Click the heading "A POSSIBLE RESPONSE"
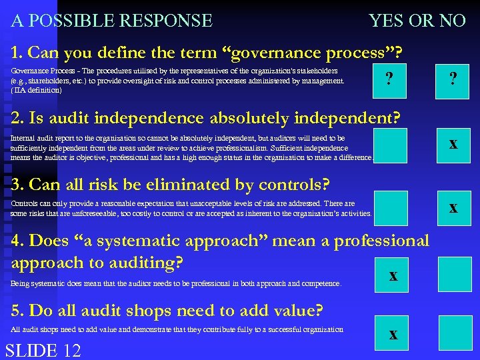point(112,21)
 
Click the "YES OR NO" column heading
point(417,21)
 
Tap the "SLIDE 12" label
point(43,350)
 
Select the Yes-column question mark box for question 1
point(390,80)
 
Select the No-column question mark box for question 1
point(453,80)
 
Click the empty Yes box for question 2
point(390,145)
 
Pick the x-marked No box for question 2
point(453,144)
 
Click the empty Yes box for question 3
point(390,207)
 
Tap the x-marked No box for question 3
point(453,207)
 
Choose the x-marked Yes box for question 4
point(393,274)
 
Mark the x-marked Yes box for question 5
point(393,335)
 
